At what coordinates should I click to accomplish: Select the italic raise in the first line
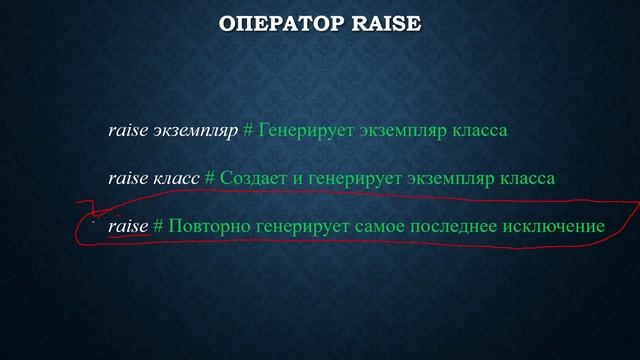pos(127,131)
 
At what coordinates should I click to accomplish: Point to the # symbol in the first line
pos(249,131)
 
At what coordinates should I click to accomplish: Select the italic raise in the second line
pos(127,178)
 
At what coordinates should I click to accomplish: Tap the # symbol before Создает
pos(210,178)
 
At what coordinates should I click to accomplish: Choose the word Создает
pos(252,178)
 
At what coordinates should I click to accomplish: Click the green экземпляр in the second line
pos(449,178)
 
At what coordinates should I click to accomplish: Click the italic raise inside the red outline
pos(127,226)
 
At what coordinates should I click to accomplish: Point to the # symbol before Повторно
pos(158,226)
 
